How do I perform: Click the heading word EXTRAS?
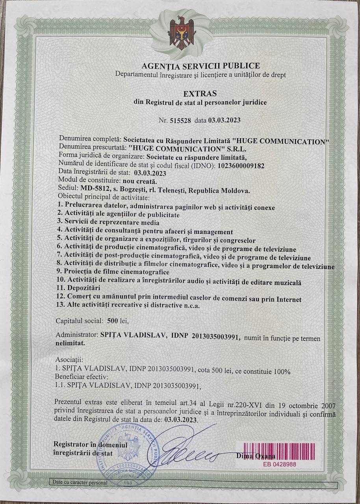(x=200, y=94)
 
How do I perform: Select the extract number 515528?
(x=180, y=121)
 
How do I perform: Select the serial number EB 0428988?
(x=280, y=464)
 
